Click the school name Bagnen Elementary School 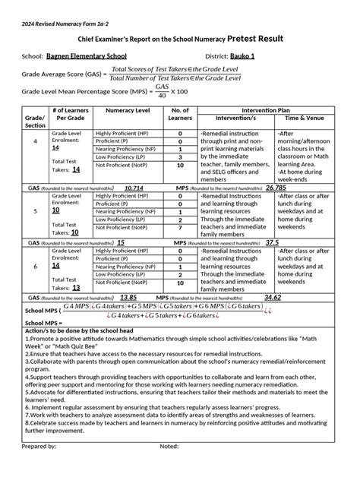pos(87,57)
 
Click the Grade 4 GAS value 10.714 pos(134,187)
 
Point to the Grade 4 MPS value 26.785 pos(276,187)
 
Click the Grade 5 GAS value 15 pos(121,243)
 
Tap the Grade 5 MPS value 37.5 pos(272,243)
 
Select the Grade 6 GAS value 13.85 pos(128,298)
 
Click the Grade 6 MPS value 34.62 pos(273,298)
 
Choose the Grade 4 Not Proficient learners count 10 pos(180,165)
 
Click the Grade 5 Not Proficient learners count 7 pos(180,227)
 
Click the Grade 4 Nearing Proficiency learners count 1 pos(180,149)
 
